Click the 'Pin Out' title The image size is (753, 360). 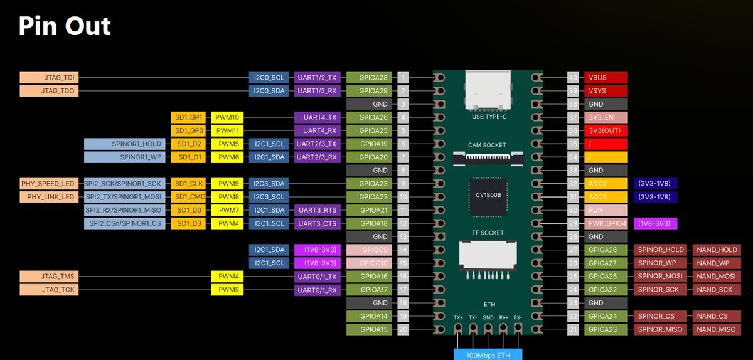click(x=65, y=26)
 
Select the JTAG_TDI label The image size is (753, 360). click(x=49, y=78)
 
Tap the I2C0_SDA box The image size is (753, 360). click(x=269, y=91)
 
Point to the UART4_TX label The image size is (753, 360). click(x=317, y=117)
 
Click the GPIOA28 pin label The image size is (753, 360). click(x=369, y=78)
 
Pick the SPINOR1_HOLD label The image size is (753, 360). click(x=125, y=144)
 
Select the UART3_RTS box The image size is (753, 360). click(x=317, y=210)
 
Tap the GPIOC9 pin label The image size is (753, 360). click(x=369, y=250)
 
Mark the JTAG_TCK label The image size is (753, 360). click(x=49, y=290)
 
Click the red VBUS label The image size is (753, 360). click(x=606, y=78)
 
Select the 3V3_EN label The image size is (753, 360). click(x=606, y=117)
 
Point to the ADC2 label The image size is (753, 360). click(x=606, y=184)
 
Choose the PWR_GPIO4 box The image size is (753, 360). click(x=606, y=223)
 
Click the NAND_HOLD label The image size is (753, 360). click(x=716, y=250)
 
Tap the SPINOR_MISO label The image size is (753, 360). click(x=660, y=329)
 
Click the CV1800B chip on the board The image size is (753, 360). click(x=486, y=195)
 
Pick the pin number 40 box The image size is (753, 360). click(x=572, y=78)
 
